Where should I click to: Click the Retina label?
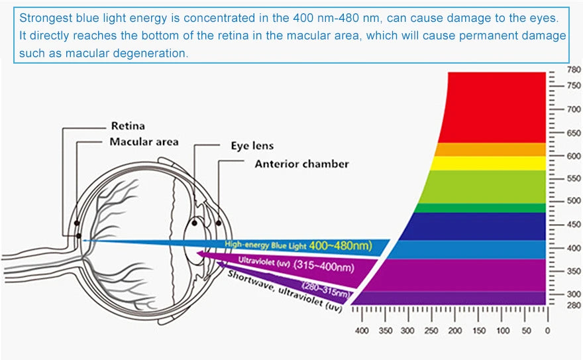point(128,126)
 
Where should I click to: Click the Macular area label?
point(144,142)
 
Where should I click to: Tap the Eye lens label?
point(252,146)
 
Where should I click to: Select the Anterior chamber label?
point(301,163)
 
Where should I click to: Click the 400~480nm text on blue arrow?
point(340,245)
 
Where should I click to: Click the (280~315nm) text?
point(327,290)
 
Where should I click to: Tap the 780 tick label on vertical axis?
point(573,70)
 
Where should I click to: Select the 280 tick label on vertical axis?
point(573,306)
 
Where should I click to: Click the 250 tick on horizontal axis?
point(431,330)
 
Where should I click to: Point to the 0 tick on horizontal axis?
point(547,330)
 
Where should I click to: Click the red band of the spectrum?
point(497,106)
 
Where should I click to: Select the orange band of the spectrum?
point(490,149)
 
